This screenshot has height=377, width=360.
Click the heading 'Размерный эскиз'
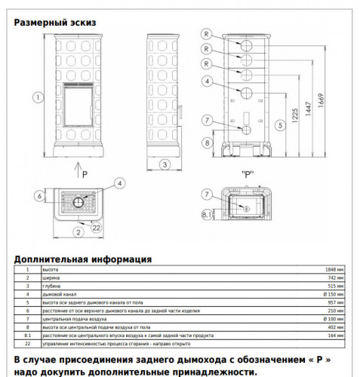point(55,22)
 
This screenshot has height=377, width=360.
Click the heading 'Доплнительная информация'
point(82,259)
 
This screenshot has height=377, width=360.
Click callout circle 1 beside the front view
point(35,96)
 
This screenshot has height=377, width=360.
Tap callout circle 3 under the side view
point(163,164)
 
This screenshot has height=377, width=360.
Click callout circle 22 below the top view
point(97,227)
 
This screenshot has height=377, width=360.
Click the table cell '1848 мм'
point(333,268)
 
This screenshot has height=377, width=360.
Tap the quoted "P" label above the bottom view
point(246,175)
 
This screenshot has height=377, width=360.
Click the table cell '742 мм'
point(334,277)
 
